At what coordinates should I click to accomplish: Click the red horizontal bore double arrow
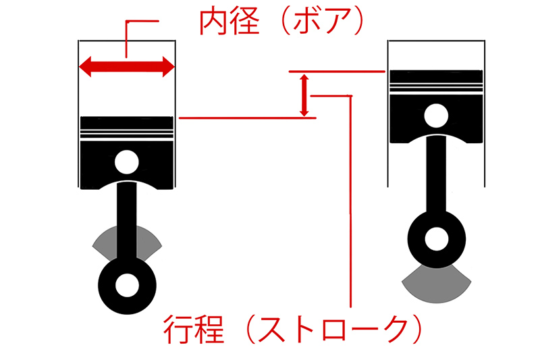coord(127,66)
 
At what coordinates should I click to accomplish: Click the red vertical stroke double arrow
coord(304,95)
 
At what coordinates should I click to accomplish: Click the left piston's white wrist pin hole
coord(126,161)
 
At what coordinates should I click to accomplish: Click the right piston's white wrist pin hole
coord(436,115)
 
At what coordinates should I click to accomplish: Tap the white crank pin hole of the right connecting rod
coord(436,237)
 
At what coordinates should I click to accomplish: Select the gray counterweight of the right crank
coord(436,284)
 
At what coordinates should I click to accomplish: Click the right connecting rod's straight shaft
coord(436,176)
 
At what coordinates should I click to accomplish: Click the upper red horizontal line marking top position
coord(337,71)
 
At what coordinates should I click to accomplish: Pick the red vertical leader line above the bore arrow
coord(127,37)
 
